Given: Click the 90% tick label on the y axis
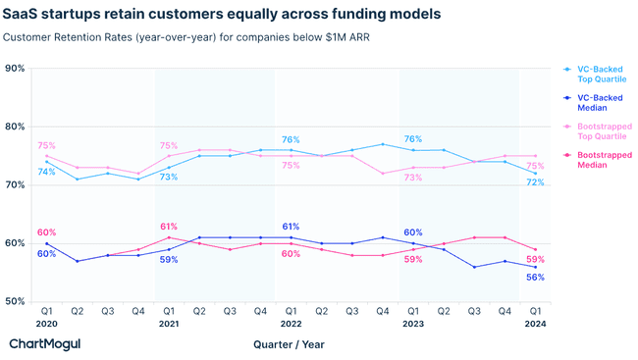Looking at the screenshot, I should tap(15, 69).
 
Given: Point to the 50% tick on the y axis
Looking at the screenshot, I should tap(15, 301).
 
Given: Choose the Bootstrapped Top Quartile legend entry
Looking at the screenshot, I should tap(603, 132).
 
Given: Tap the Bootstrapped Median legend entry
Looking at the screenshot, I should tap(603, 161).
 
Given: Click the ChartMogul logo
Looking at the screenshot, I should tap(44, 344).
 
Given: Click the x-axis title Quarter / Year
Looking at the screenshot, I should tap(289, 344).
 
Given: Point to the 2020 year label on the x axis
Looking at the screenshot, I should tap(45, 324).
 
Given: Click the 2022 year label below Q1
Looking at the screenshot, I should tap(290, 324).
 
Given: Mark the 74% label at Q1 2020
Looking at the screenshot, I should tap(46, 173).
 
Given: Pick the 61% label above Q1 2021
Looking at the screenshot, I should tap(168, 227).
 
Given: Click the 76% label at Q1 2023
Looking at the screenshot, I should tap(412, 139).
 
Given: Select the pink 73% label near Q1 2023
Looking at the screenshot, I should tap(412, 178).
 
